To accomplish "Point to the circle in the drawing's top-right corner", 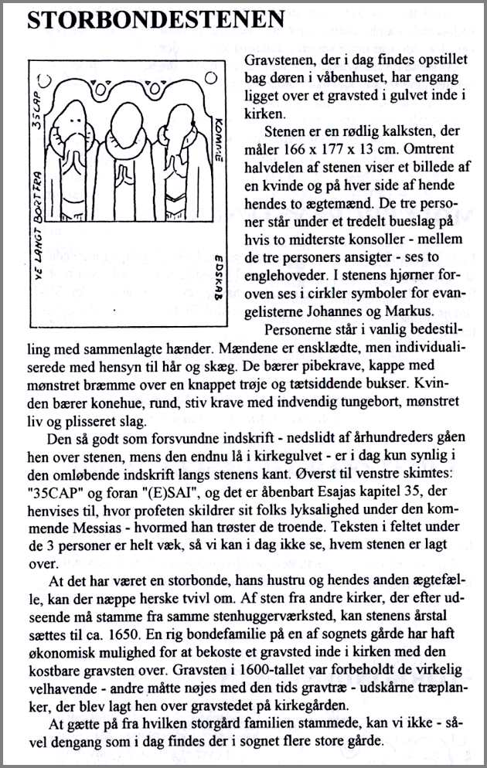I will tap(210, 77).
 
